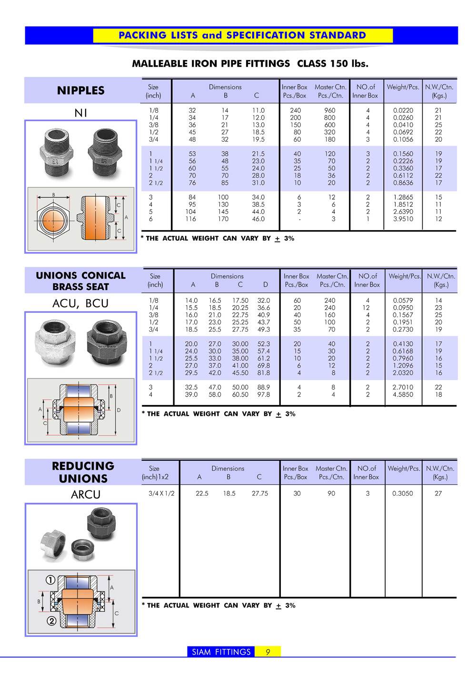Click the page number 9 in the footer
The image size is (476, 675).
pyautogui.click(x=268, y=652)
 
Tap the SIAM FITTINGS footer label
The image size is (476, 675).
pyautogui.click(x=221, y=652)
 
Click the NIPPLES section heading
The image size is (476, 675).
pyautogui.click(x=80, y=90)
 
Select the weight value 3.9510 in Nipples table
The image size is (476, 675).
pyautogui.click(x=403, y=219)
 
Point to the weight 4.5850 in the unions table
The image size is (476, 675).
pyautogui.click(x=403, y=395)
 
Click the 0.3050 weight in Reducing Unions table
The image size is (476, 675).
pyautogui.click(x=403, y=493)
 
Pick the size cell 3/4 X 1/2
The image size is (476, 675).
pyautogui.click(x=161, y=493)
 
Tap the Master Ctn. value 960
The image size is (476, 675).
pyautogui.click(x=330, y=110)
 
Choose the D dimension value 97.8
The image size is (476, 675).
pyautogui.click(x=264, y=395)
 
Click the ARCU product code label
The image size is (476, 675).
pyautogui.click(x=86, y=494)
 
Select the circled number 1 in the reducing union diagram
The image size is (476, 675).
pyautogui.click(x=50, y=580)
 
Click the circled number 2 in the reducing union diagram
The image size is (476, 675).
pyautogui.click(x=51, y=621)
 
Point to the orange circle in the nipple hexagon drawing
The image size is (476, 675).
pyautogui.click(x=53, y=220)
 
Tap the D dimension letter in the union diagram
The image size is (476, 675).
pyautogui.click(x=119, y=410)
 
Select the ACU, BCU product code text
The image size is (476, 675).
pyautogui.click(x=80, y=303)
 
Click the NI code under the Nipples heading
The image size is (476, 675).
pyautogui.click(x=80, y=113)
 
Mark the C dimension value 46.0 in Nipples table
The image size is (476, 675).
pyautogui.click(x=258, y=219)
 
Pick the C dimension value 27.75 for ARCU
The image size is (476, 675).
pyautogui.click(x=260, y=493)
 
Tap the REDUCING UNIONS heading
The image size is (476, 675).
pyautogui.click(x=83, y=472)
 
